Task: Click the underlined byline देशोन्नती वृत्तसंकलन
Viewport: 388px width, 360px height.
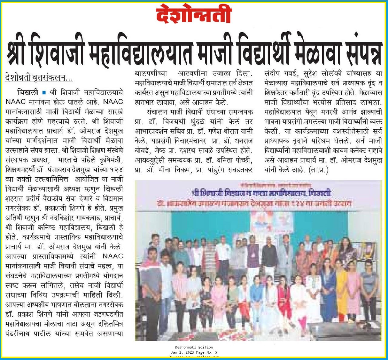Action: point(39,78)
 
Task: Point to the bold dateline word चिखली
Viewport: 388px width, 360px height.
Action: point(28,92)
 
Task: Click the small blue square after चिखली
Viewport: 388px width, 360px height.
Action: point(44,92)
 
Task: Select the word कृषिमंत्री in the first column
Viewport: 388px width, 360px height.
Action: point(109,160)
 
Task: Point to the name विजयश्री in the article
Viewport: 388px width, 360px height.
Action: point(176,122)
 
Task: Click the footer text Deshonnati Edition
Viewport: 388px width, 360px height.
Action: point(194,347)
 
